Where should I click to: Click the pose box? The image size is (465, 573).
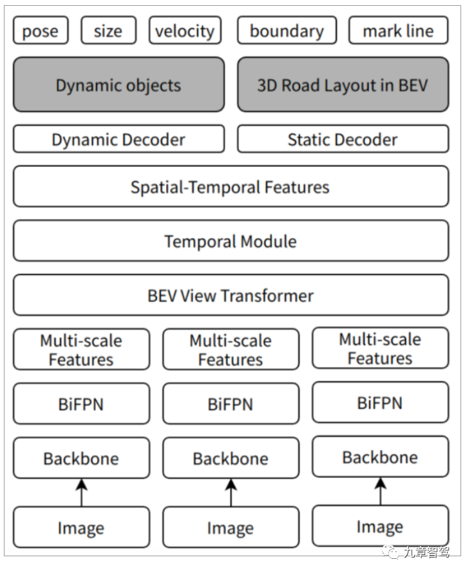[40, 31]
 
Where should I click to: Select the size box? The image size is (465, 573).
[108, 31]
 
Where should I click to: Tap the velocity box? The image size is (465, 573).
[185, 31]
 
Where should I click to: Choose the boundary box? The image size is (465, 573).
[287, 31]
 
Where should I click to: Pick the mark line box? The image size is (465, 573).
[398, 31]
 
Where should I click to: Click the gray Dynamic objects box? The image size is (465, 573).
[119, 85]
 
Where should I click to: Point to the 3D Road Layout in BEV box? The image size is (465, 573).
[343, 85]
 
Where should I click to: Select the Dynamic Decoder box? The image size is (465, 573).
[119, 139]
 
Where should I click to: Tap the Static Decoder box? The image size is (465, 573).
[343, 139]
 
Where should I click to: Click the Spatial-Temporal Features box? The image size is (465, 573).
[231, 187]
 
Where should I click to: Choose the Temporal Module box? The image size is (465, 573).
[231, 241]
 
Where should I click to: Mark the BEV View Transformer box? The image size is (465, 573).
[231, 296]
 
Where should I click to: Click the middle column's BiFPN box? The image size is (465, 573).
[231, 404]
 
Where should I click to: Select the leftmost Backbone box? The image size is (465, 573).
[81, 458]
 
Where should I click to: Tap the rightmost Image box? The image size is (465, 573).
[380, 527]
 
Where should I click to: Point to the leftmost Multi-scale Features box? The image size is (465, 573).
[81, 350]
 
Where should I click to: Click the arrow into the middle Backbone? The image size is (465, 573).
[231, 493]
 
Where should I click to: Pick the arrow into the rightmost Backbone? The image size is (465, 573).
[380, 491]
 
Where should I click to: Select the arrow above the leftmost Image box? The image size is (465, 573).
[81, 493]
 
